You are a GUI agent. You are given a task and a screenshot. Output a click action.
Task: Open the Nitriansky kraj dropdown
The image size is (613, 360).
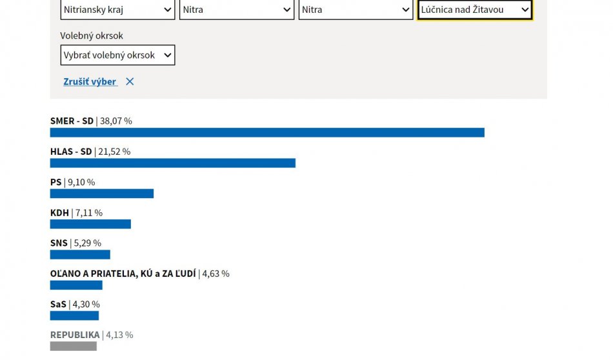pos(117,10)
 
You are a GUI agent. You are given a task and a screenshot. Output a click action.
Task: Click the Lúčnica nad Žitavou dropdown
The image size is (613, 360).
pos(474,10)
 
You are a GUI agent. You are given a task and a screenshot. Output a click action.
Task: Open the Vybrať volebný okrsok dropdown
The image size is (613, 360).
pos(117,55)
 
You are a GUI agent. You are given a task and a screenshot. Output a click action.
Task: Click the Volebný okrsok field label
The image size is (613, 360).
pos(92,35)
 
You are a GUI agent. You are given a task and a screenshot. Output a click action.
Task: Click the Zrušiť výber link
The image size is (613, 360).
pos(90,82)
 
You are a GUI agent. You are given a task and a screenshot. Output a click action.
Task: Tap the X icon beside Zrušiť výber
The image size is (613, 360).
pos(130,82)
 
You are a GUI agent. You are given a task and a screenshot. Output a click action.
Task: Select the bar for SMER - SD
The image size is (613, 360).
pos(267,132)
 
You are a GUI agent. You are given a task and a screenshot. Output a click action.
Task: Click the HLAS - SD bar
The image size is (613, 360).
pos(172,163)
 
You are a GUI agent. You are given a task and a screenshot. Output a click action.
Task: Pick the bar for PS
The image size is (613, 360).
pos(102,194)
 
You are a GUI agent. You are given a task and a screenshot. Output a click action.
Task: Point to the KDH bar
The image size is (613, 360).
pos(90,224)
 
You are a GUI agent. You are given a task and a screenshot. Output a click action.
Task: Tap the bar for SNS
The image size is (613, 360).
pos(80,254)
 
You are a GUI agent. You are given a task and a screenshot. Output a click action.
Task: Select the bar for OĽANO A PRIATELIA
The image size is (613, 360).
pos(76,285)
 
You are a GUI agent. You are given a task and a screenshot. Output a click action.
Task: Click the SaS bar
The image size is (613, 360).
pos(74,315)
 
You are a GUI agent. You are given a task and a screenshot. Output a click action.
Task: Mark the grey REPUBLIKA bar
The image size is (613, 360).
pos(73,346)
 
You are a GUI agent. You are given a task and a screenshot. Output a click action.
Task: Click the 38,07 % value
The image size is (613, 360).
pos(116,121)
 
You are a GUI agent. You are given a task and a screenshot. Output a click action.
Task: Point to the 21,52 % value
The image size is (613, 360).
pos(114,152)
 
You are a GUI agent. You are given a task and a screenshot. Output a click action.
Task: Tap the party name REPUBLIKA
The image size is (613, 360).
pos(75,335)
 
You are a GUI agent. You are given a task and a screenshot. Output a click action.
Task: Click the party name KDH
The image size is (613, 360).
pos(59,213)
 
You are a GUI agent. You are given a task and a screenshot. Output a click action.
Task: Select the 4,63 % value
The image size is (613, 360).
pos(216,274)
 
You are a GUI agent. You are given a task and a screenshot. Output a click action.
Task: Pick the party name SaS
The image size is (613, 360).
pos(58,305)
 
